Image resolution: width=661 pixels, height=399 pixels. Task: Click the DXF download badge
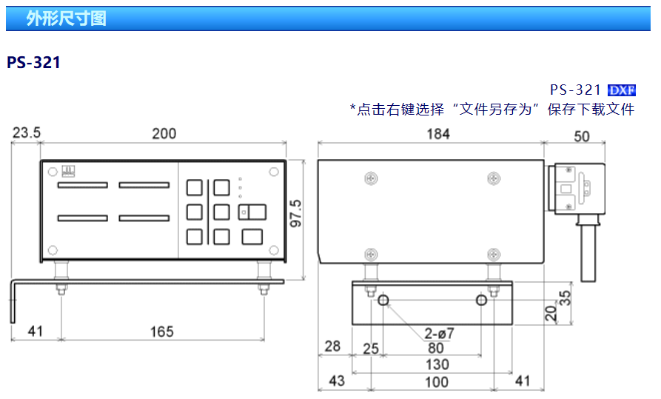coord(622,90)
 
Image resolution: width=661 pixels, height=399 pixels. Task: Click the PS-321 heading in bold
coord(33,63)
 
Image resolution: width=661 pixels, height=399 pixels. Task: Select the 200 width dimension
coord(164,133)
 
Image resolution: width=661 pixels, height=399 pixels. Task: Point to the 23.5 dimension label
coord(27,133)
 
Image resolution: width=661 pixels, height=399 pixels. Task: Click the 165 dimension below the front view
coord(161,332)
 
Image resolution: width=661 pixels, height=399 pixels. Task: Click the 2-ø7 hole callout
coord(440,333)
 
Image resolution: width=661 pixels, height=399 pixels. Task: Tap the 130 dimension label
coord(437,365)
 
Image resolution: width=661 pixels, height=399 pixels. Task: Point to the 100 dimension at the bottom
coord(437,382)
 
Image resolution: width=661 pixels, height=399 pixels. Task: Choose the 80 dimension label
coord(436,348)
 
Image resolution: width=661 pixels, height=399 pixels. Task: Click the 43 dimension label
coord(337,381)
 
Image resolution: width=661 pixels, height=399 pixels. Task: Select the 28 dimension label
coord(332,346)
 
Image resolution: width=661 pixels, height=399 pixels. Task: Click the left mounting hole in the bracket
coord(383,300)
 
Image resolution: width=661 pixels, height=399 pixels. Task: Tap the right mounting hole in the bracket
coord(482,300)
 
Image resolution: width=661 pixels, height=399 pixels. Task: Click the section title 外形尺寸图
coord(66,19)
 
